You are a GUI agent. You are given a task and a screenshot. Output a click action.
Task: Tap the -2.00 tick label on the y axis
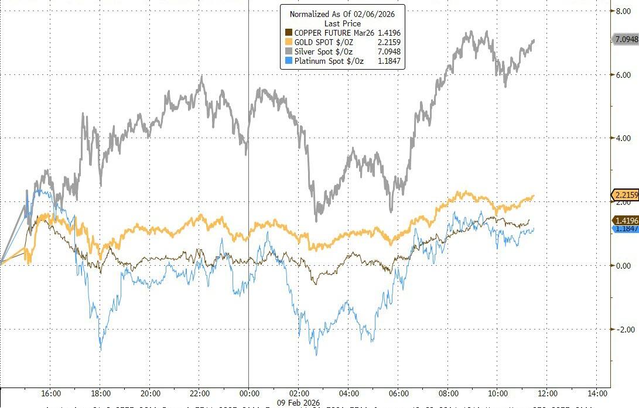(621, 329)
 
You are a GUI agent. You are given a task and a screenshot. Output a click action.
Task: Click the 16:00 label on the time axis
(51, 393)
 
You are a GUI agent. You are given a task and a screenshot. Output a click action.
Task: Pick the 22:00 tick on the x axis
(200, 393)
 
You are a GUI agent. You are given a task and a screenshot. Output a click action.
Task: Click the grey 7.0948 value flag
(626, 40)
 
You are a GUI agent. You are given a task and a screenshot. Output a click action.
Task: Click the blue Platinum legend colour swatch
(288, 61)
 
